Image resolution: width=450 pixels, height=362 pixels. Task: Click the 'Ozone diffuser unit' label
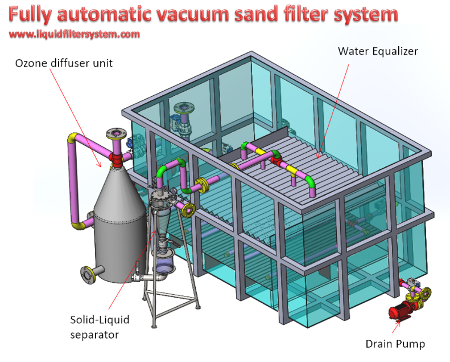click(x=63, y=63)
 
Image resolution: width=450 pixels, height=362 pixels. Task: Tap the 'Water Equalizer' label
click(x=378, y=51)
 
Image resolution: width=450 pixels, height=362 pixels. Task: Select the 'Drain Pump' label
click(x=395, y=344)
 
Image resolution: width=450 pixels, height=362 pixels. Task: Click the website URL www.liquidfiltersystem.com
click(x=75, y=34)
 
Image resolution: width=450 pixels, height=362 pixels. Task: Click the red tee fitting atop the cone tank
click(x=117, y=156)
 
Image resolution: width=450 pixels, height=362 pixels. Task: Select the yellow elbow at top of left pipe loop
click(x=74, y=139)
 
